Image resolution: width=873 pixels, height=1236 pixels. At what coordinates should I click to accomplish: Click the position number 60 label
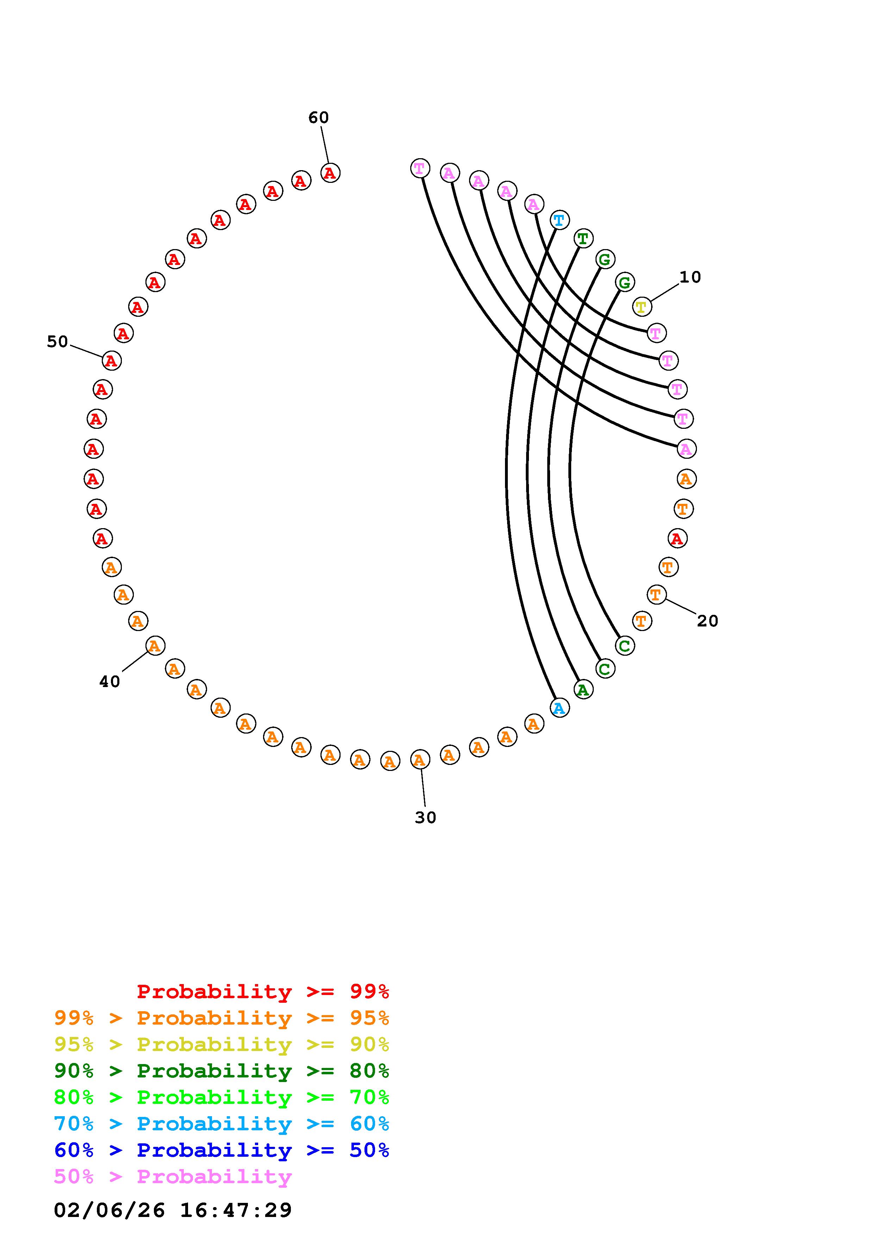[x=318, y=117]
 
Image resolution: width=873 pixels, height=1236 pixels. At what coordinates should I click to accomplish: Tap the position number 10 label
[x=690, y=277]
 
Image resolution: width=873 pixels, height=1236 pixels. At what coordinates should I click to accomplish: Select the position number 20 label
[x=707, y=621]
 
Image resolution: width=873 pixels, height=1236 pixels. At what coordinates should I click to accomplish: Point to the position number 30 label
[x=425, y=818]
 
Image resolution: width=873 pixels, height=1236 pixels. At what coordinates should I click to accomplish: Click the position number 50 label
[x=57, y=342]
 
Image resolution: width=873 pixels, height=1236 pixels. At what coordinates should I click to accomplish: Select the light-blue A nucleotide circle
[x=560, y=709]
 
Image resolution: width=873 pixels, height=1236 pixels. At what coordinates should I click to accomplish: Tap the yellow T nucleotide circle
[x=642, y=307]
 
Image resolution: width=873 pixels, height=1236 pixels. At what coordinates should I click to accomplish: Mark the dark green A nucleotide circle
[x=583, y=690]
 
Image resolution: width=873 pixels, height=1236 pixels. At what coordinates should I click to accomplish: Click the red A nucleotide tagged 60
[x=330, y=173]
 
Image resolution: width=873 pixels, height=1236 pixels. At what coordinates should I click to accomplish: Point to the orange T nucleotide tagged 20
[x=656, y=594]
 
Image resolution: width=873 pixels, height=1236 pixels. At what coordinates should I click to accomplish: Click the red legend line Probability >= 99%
[x=263, y=991]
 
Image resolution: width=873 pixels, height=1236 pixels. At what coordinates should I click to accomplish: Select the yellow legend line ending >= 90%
[x=222, y=1044]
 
